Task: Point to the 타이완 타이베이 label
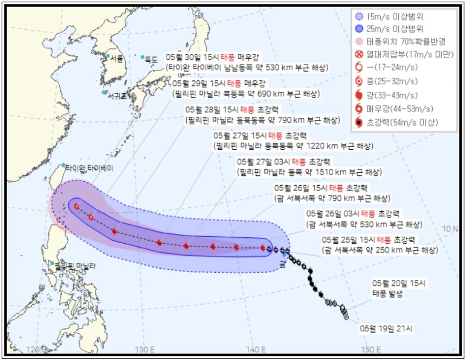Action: [x=90, y=168]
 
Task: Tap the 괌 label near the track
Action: [x=283, y=264]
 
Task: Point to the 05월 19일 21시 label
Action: [x=386, y=329]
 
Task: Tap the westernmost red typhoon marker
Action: [x=77, y=206]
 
